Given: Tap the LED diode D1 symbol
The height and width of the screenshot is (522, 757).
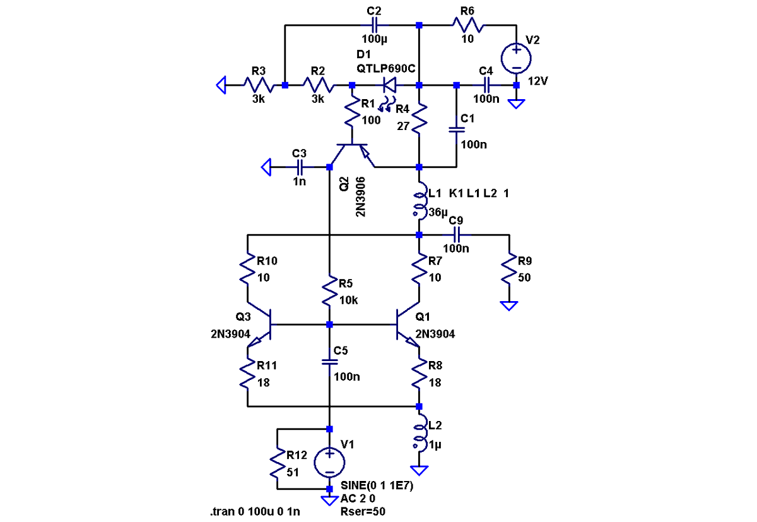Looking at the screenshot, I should click(389, 85).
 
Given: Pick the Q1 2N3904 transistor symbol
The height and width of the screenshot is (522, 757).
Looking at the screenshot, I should click(407, 326).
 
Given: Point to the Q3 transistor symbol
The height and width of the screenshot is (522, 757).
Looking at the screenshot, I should click(260, 326).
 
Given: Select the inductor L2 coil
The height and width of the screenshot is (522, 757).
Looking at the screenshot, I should click(419, 436).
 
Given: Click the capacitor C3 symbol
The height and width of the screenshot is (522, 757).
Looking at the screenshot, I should click(300, 167).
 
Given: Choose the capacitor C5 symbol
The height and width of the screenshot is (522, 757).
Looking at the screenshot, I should click(329, 362).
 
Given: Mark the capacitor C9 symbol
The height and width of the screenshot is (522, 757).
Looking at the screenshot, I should click(456, 235).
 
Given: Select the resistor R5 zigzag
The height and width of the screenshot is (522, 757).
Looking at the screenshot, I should click(329, 292).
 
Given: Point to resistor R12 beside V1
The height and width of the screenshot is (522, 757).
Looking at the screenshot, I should click(278, 463).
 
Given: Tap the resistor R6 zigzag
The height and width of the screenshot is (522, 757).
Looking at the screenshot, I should click(467, 26).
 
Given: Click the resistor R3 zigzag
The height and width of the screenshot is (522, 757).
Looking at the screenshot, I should click(259, 85).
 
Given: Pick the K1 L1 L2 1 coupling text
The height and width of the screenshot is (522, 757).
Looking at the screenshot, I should click(478, 193).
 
